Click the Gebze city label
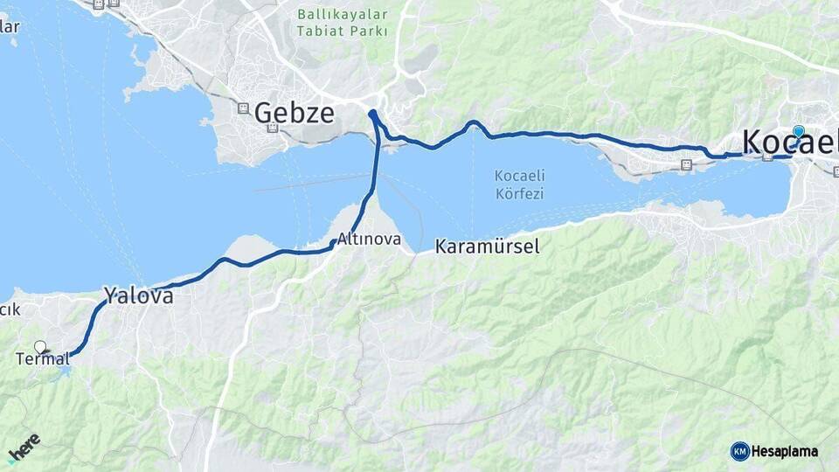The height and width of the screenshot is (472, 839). (294, 112)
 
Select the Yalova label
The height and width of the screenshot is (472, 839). (138, 295)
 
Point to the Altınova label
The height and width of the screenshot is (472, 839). (370, 239)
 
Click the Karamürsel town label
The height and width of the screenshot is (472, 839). (487, 246)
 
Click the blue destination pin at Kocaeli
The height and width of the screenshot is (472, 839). (798, 132)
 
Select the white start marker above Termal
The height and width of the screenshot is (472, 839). (39, 346)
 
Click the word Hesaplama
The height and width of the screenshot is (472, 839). (785, 451)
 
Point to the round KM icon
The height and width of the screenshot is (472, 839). (739, 451)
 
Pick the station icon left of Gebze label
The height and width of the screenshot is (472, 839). (243, 108)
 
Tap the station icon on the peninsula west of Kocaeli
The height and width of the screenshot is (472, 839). (686, 163)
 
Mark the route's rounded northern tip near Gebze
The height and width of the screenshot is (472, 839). (373, 114)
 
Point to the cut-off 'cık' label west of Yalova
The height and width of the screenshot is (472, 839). (10, 309)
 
